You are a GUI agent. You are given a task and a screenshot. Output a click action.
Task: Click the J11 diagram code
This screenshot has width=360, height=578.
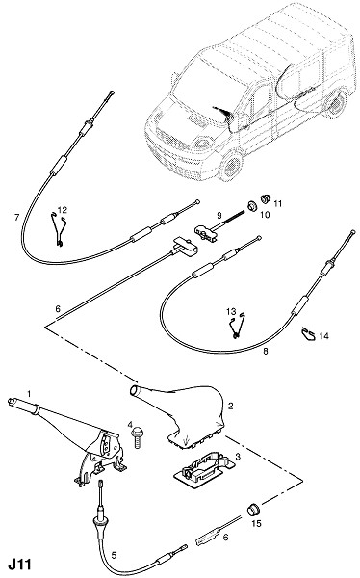tap(20, 565)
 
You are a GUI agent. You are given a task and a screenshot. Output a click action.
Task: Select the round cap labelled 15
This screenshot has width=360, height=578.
tap(253, 510)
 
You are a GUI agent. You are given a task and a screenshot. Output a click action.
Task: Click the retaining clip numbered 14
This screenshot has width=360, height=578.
tap(308, 334)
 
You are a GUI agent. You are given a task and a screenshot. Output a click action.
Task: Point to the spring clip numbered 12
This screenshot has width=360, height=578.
tap(59, 230)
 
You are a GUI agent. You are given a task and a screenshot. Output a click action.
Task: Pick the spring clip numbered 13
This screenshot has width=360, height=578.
tap(237, 326)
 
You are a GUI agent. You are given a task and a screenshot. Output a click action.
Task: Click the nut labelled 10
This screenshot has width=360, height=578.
tap(252, 206)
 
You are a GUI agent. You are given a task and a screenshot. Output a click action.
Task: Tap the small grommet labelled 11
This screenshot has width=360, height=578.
tap(266, 198)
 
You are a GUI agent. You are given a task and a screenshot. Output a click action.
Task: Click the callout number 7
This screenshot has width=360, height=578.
tap(16, 218)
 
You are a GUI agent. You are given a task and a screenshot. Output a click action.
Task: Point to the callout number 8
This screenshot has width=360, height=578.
tap(266, 352)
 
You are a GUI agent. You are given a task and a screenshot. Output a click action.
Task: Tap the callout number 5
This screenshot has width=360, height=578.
tap(114, 555)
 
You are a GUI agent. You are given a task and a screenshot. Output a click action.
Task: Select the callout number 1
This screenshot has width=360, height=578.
tap(30, 394)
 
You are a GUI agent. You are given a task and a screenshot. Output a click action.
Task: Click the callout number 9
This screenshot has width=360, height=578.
tap(219, 215)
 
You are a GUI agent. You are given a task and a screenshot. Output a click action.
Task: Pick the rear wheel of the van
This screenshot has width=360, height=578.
tap(336, 105)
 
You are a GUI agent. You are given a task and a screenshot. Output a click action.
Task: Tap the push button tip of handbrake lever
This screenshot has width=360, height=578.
tap(12, 401)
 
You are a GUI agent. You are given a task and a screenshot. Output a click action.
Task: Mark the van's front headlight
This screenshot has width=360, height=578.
tap(201, 142)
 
